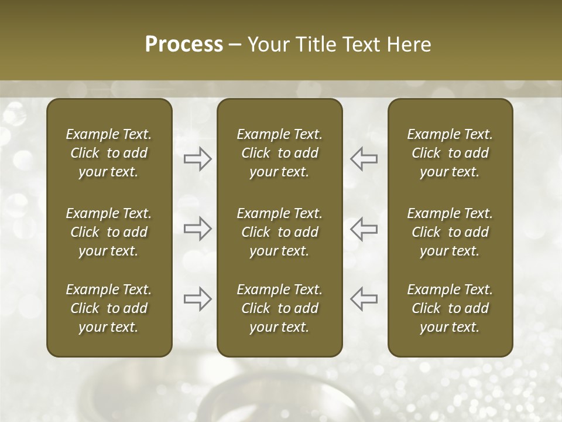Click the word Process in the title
pos(184,45)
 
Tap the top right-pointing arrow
pos(198,159)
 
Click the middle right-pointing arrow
pos(198,229)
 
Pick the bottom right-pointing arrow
pos(198,299)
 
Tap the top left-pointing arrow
pos(364,159)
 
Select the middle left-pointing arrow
pos(364,229)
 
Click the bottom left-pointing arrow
pos(364,299)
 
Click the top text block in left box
pos(109,153)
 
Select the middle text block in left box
pos(109,232)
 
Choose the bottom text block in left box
pos(109,308)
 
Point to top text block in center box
pos(279,153)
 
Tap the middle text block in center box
pos(279,232)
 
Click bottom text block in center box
pos(279,308)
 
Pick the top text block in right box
pos(450,153)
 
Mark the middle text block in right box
pos(450,232)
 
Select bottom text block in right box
pos(450,308)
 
